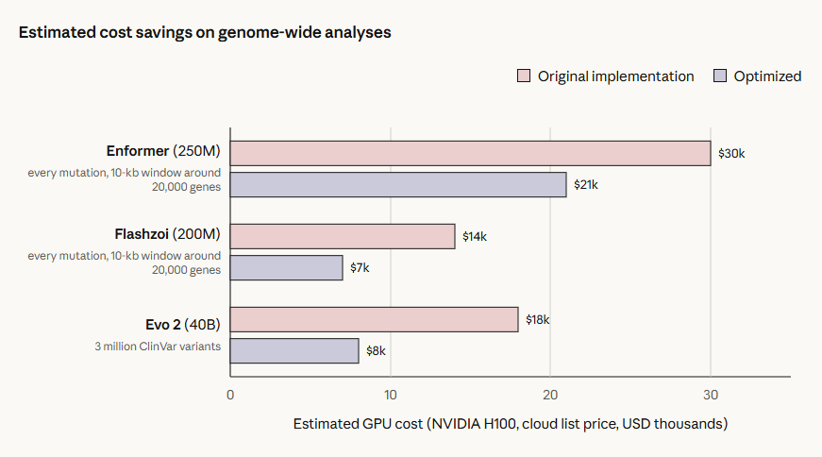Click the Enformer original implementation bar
coord(470,153)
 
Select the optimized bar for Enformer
coord(398,185)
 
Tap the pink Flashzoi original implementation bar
coord(343,236)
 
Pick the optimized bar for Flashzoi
coord(286,267)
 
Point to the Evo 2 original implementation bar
coord(375,319)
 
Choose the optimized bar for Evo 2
coord(294,350)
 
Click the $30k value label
coord(731,153)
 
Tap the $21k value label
coord(585,185)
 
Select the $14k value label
coord(475,237)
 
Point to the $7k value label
coord(360,267)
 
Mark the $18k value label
coord(537,319)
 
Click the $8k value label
coord(376,350)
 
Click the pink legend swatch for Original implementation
coord(524,76)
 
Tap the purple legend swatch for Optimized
coord(720,76)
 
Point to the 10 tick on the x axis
coord(391,395)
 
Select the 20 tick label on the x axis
coord(550,395)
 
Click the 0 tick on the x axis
coord(230,395)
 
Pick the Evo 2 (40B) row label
coord(183,325)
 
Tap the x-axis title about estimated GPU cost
coord(511,424)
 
